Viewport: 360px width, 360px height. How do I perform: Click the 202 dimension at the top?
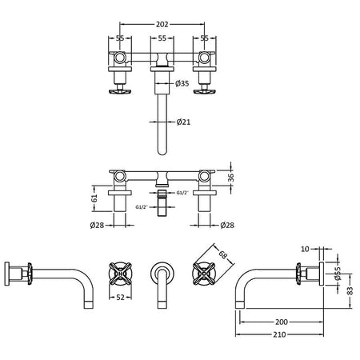point(162,24)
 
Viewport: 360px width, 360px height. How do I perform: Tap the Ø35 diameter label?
point(182,83)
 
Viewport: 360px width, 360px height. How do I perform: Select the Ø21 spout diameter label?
point(183,122)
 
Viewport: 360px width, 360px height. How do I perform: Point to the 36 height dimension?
point(231,178)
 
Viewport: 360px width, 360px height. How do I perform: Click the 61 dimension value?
point(94,198)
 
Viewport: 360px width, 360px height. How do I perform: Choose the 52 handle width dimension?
point(121,297)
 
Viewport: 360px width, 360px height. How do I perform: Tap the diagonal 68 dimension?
point(222,254)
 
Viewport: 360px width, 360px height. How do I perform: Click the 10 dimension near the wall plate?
point(305,249)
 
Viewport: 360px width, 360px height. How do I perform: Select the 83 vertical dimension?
point(350,290)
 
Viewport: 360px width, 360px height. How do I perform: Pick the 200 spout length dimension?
point(282,322)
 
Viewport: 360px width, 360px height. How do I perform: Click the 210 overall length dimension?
point(279,334)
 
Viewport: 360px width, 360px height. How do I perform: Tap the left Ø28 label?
point(97,226)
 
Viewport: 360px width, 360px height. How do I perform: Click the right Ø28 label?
point(227,226)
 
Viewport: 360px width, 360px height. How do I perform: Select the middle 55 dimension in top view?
point(162,38)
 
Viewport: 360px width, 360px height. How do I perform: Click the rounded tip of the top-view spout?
point(162,154)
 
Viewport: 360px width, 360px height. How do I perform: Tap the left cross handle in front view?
point(121,274)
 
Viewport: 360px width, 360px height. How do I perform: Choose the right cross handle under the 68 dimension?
point(204,274)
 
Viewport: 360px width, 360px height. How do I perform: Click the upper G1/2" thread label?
point(182,193)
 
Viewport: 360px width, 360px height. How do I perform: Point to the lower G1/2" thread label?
point(142,207)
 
